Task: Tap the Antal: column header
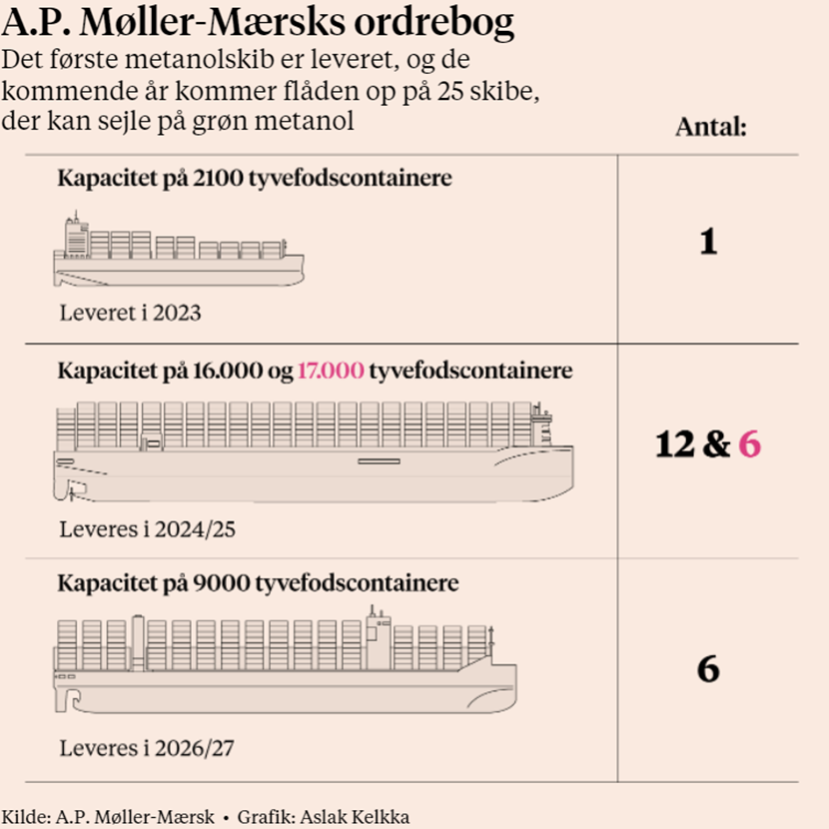pos(711,127)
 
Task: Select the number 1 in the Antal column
pos(708,243)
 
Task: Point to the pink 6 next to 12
pos(749,444)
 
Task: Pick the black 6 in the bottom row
pos(708,669)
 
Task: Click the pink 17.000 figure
pos(330,372)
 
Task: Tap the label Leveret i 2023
pos(130,313)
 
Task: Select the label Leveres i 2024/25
pos(147,529)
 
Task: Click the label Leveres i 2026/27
pos(147,747)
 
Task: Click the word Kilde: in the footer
pos(24,816)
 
